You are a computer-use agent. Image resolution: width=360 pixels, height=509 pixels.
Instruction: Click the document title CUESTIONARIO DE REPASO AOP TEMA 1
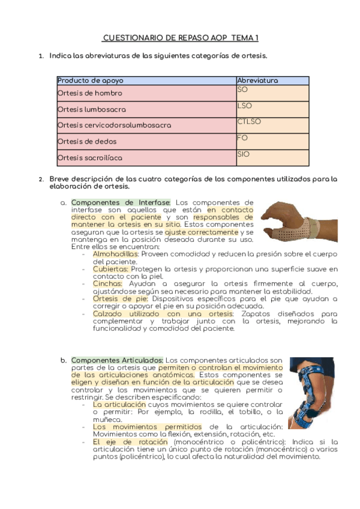click(180, 38)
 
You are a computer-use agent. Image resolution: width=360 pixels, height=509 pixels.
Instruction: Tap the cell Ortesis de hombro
click(90, 94)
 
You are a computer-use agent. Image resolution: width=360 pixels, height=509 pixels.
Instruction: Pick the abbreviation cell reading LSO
click(245, 106)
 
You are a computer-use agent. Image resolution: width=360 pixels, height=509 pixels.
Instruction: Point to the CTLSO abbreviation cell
click(249, 122)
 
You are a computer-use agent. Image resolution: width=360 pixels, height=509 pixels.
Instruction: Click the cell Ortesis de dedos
click(88, 142)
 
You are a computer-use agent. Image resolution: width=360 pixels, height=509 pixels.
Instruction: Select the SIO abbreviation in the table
click(244, 154)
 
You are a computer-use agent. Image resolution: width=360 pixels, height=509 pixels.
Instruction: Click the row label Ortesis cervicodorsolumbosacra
click(115, 125)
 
